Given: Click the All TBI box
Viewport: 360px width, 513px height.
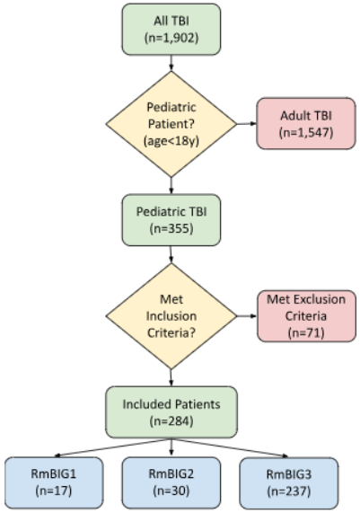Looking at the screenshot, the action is pyautogui.click(x=171, y=29).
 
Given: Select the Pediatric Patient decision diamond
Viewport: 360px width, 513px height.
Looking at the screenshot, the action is pyautogui.click(x=171, y=124).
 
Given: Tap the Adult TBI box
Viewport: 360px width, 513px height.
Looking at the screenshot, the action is pyautogui.click(x=306, y=123).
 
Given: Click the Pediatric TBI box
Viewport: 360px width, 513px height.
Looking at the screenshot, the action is pyautogui.click(x=171, y=220).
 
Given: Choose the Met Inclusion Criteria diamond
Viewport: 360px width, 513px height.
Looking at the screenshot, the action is pyautogui.click(x=171, y=316).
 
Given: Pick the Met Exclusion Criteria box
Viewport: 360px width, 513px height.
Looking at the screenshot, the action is pyautogui.click(x=306, y=316).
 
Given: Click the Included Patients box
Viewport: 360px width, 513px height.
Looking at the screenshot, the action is pyautogui.click(x=171, y=411).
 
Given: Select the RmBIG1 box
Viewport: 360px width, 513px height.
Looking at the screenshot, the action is pyautogui.click(x=54, y=482).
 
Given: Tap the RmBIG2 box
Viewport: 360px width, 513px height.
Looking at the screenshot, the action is pyautogui.click(x=171, y=482).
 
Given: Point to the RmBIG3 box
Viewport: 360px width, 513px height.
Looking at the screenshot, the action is pyautogui.click(x=289, y=482).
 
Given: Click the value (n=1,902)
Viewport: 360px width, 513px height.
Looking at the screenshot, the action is pyautogui.click(x=171, y=38).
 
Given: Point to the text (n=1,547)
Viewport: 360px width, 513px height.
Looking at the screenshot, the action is pyautogui.click(x=306, y=132).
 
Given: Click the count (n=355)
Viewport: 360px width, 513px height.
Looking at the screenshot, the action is pyautogui.click(x=171, y=228).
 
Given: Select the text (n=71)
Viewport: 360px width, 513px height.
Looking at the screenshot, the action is pyautogui.click(x=306, y=332).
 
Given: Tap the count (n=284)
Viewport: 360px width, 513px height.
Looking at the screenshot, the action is pyautogui.click(x=171, y=420).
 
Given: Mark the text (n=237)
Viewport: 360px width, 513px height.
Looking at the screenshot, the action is pyautogui.click(x=289, y=491).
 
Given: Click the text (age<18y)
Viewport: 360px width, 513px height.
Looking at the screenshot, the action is pyautogui.click(x=171, y=141).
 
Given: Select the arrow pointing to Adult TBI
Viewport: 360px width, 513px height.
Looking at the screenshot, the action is pyautogui.click(x=247, y=124).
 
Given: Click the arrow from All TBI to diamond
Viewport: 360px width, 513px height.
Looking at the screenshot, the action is pyautogui.click(x=171, y=63).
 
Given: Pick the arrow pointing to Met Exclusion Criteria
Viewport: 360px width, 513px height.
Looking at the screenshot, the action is pyautogui.click(x=247, y=316).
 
